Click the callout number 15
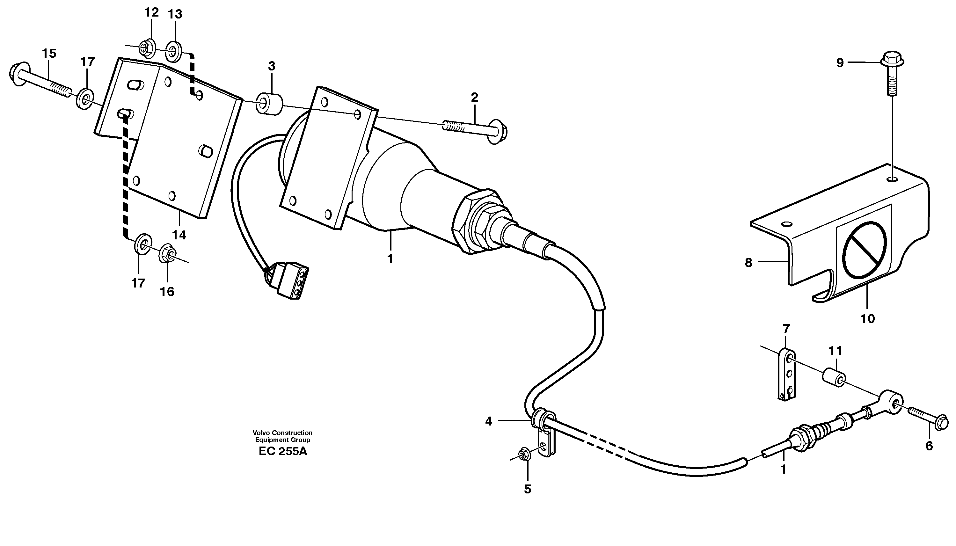click(49, 54)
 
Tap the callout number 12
click(151, 13)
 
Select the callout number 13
click(175, 15)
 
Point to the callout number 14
click(179, 236)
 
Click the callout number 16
click(167, 291)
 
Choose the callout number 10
click(867, 319)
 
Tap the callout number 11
click(835, 351)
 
